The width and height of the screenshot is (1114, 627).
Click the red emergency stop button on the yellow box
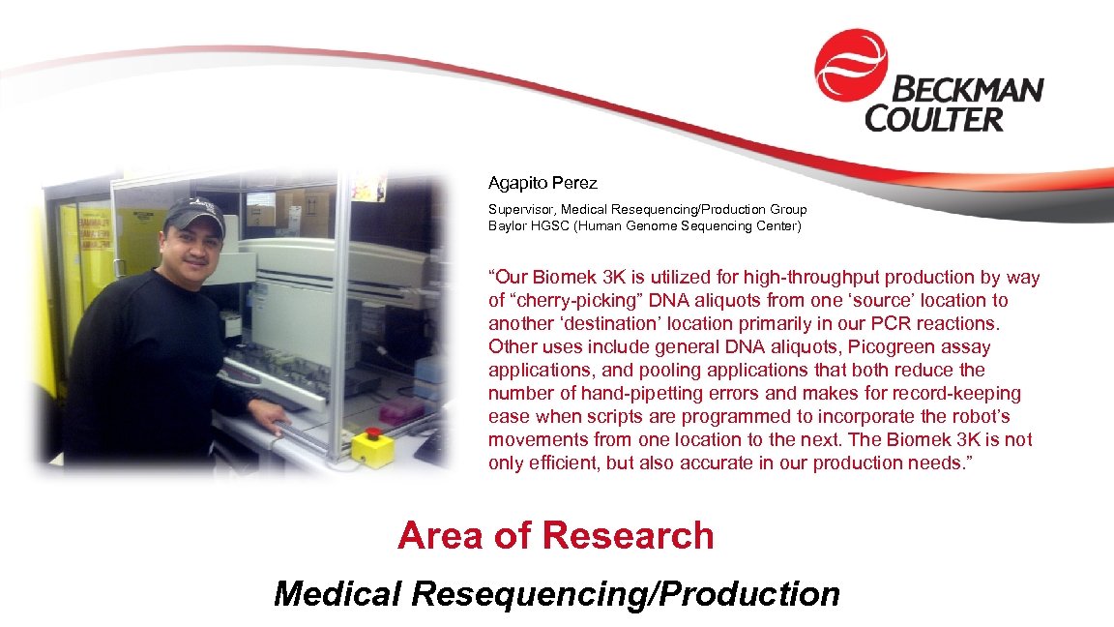[x=373, y=433]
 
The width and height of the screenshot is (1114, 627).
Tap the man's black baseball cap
[x=195, y=215]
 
